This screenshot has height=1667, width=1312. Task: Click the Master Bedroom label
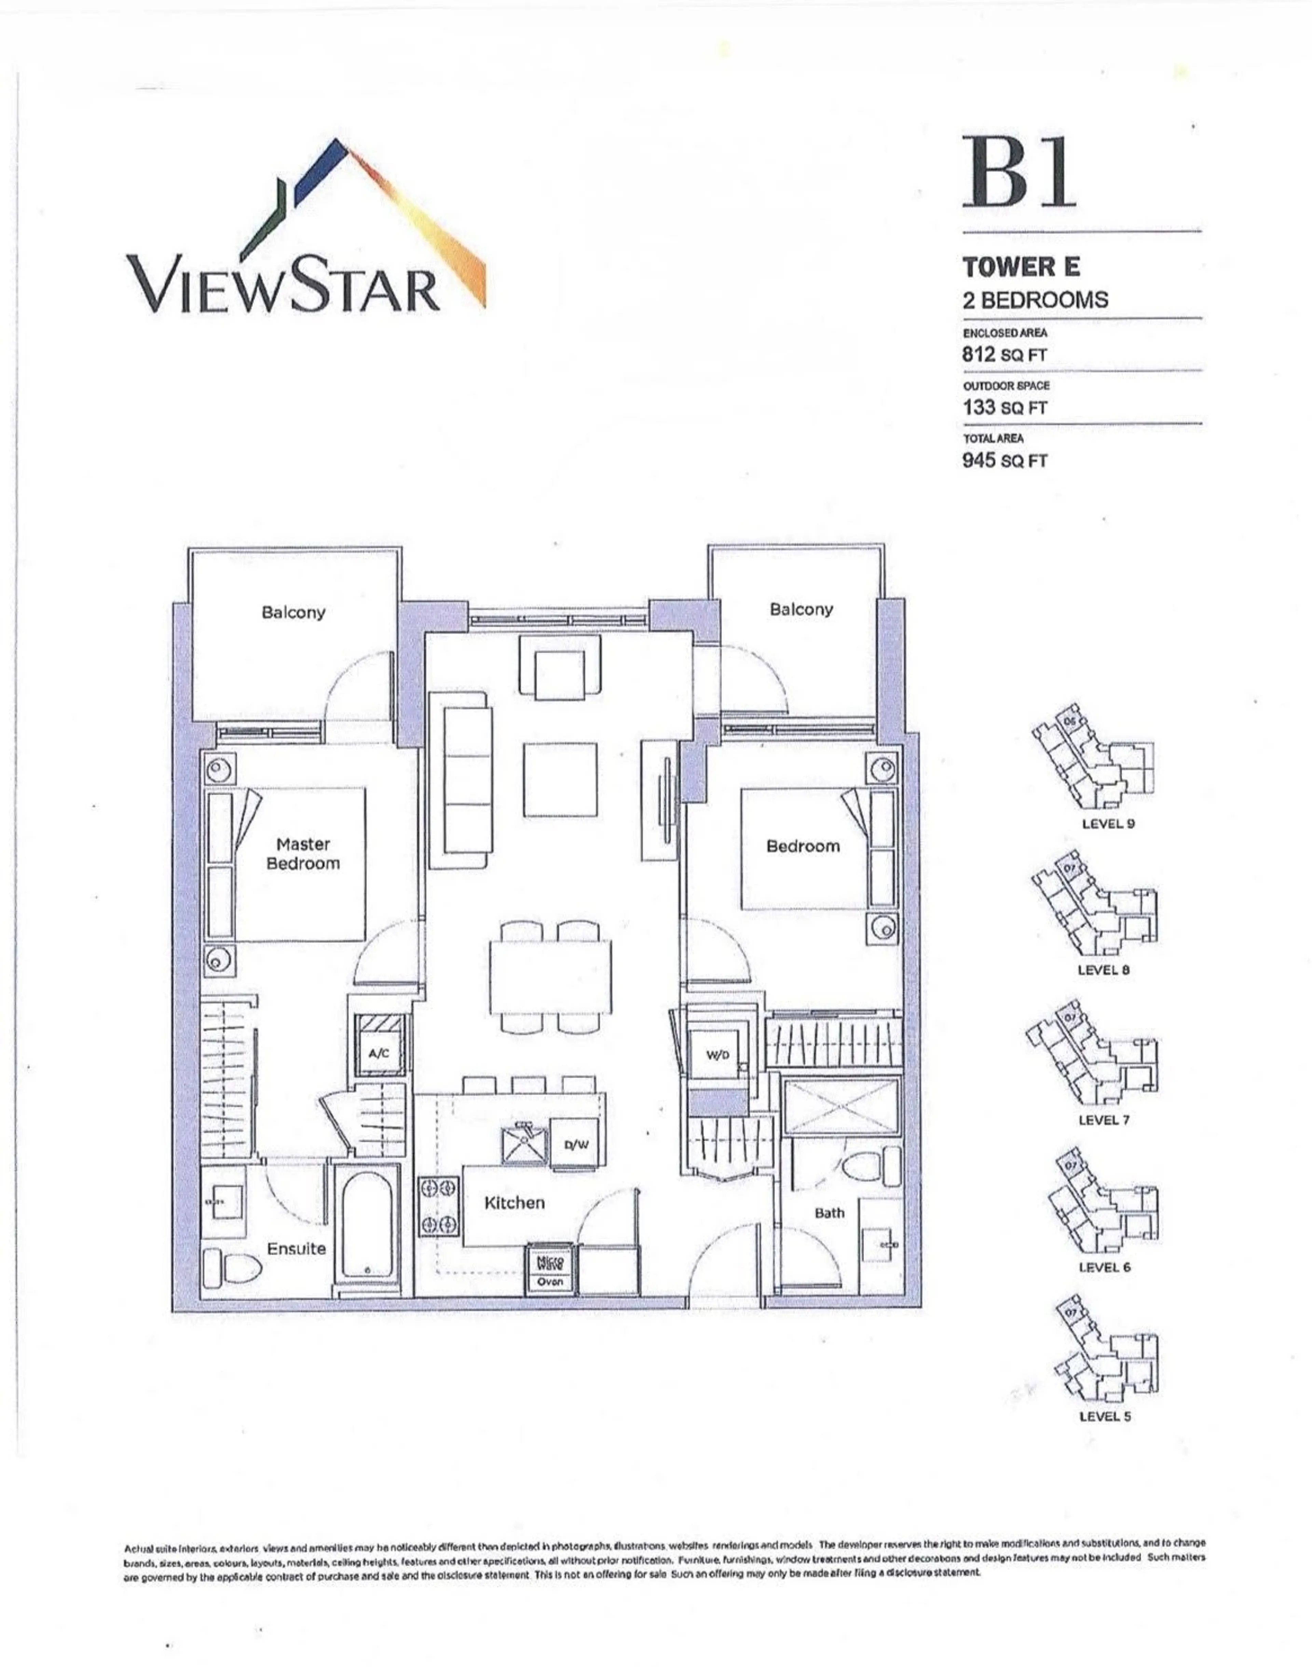pos(303,853)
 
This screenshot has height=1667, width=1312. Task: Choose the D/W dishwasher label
pos(576,1145)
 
